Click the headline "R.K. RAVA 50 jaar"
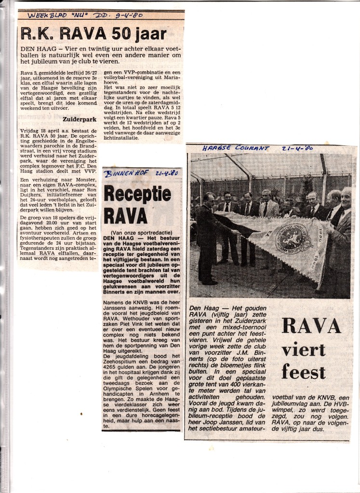coord(93,34)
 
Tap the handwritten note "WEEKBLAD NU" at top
coord(54,15)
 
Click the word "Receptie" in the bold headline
coord(137,195)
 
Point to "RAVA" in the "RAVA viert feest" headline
coord(311,326)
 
